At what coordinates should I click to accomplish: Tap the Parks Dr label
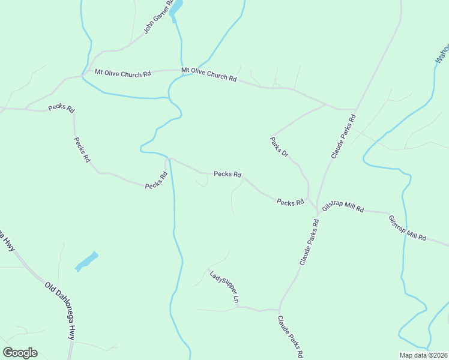pyautogui.click(x=279, y=148)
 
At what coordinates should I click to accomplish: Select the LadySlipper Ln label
pyautogui.click(x=225, y=287)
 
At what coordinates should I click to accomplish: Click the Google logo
pyautogui.click(x=20, y=353)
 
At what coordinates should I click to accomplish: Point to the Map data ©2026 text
pyautogui.click(x=423, y=355)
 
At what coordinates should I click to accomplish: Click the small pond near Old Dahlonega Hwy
pyautogui.click(x=86, y=261)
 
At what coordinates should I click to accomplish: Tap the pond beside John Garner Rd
pyautogui.click(x=175, y=9)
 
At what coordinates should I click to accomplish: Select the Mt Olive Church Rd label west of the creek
pyautogui.click(x=123, y=74)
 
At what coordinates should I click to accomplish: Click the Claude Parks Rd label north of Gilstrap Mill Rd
pyautogui.click(x=344, y=136)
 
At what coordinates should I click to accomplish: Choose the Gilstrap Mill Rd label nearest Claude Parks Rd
pyautogui.click(x=343, y=207)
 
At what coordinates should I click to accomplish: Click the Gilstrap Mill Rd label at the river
pyautogui.click(x=407, y=228)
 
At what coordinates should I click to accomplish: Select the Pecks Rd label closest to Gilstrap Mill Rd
pyautogui.click(x=291, y=203)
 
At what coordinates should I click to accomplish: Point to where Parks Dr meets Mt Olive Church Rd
pyautogui.click(x=325, y=104)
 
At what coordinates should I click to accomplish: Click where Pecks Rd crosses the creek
pyautogui.click(x=170, y=159)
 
